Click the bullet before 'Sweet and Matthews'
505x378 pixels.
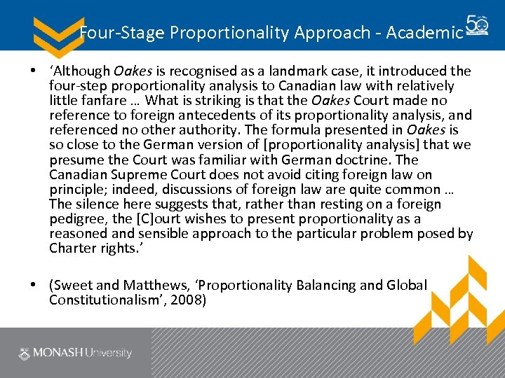point(33,286)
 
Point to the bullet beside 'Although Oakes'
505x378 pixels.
point(33,71)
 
